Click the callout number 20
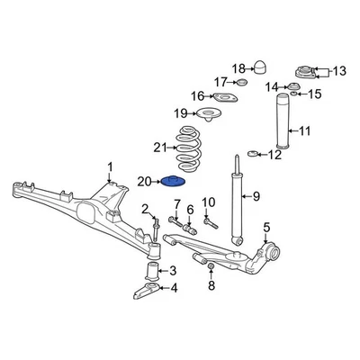coord(145,182)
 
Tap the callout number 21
coord(160,147)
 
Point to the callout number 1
coord(110,166)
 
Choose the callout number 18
coord(238,67)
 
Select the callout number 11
coord(304,131)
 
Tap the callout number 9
coord(255,196)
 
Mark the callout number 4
coord(174,288)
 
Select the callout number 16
coord(197,96)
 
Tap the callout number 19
coord(180,113)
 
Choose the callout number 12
coord(275,155)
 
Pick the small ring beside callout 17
coord(241,83)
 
